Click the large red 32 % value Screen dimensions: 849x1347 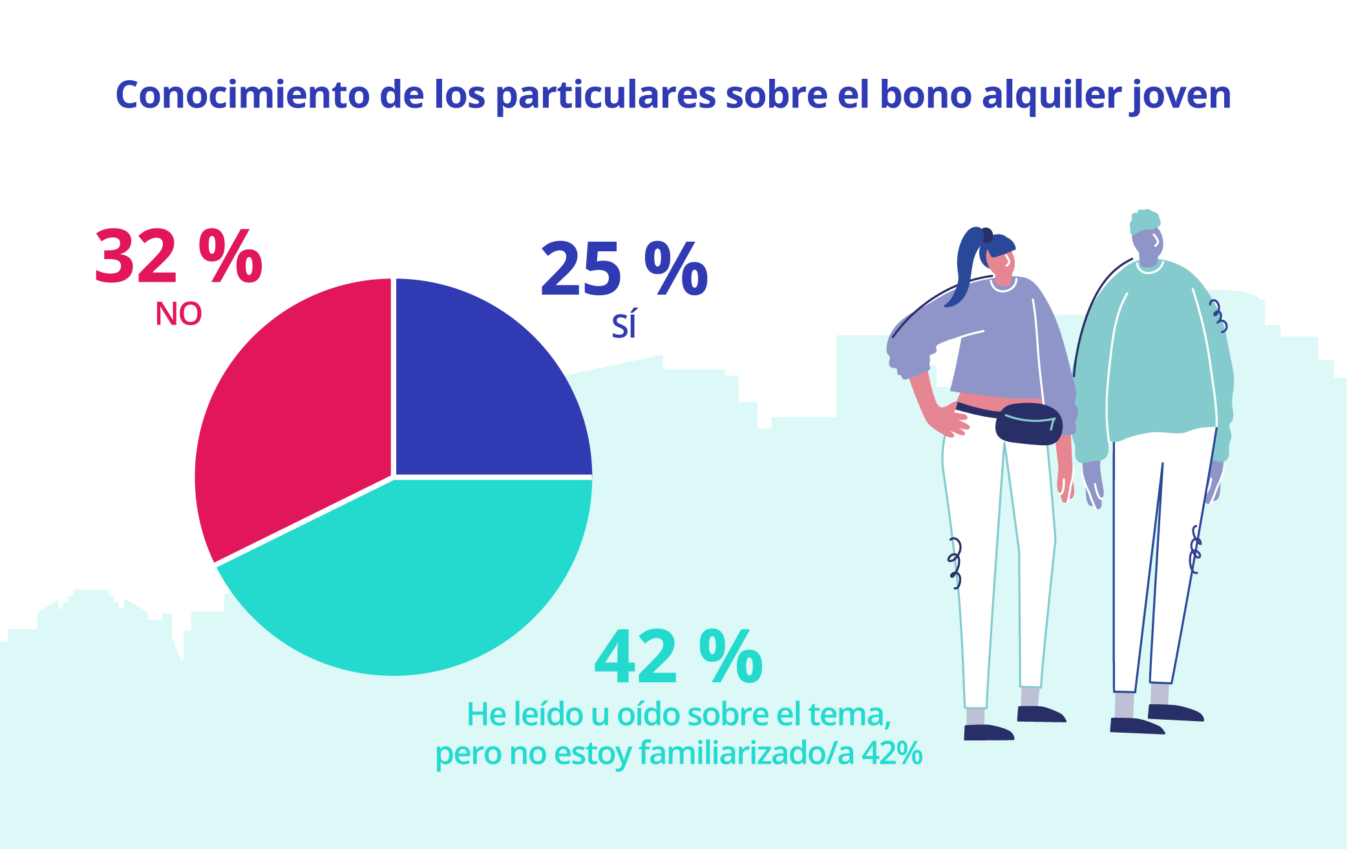click(x=178, y=257)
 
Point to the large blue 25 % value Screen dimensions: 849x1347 click(x=624, y=269)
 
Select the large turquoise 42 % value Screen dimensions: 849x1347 click(x=679, y=657)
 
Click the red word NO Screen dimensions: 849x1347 click(x=178, y=315)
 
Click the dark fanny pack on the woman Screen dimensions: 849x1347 click(x=1028, y=424)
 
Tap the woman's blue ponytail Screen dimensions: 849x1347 click(x=966, y=265)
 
